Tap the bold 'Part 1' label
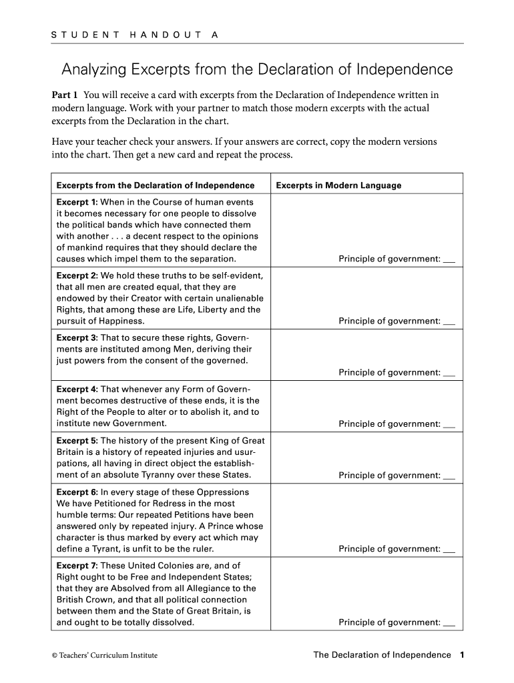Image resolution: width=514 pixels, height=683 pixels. [65, 95]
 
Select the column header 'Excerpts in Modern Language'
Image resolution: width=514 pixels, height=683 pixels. [338, 185]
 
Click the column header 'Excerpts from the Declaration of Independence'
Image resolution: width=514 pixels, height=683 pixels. [156, 185]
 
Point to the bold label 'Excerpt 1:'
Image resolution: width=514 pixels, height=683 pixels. [77, 202]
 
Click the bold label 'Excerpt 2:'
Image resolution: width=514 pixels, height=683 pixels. [77, 275]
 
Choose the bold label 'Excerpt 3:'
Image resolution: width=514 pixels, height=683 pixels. [77, 338]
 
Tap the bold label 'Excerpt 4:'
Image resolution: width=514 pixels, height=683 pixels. [77, 390]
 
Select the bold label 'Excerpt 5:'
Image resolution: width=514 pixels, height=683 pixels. [77, 441]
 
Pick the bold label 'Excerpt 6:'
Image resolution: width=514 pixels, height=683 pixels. [77, 492]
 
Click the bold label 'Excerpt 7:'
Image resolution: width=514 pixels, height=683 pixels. [77, 566]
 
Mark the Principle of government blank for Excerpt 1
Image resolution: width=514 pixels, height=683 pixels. [449, 259]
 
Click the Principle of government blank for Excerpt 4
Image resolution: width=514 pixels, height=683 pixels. [449, 424]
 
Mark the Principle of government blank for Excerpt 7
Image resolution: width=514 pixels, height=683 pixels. [449, 623]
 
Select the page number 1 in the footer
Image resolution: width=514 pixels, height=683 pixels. [461, 655]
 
